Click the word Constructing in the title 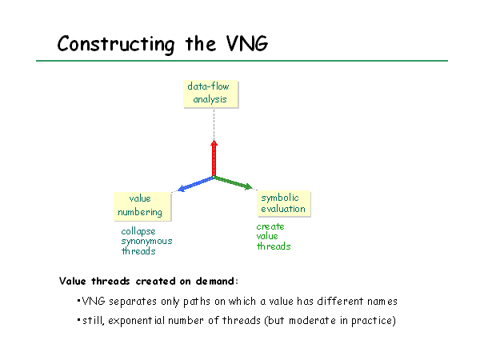[x=116, y=45]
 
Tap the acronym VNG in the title [x=247, y=43]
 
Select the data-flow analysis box [x=211, y=94]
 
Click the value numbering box [x=142, y=206]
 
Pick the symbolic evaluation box [x=284, y=203]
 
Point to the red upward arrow [x=214, y=158]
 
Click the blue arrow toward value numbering [x=195, y=184]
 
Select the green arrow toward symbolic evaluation [x=233, y=182]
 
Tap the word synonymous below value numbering [x=146, y=242]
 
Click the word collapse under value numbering [x=138, y=232]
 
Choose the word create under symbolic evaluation [x=270, y=226]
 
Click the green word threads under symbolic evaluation [x=274, y=246]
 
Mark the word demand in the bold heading [x=215, y=281]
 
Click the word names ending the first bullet [x=382, y=302]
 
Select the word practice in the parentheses [x=372, y=321]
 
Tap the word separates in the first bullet [x=133, y=302]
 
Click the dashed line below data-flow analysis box [x=214, y=124]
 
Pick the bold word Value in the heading [x=73, y=281]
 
